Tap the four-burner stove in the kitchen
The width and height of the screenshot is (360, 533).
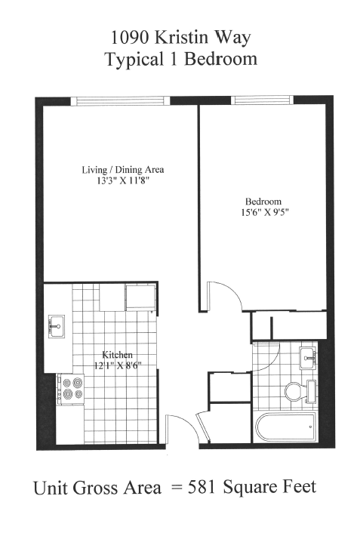72,388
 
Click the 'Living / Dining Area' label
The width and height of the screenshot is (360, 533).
122,170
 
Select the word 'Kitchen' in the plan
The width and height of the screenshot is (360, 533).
118,355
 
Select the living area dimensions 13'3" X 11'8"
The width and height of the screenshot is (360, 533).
122,181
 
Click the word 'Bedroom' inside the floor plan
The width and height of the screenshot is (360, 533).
263,201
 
